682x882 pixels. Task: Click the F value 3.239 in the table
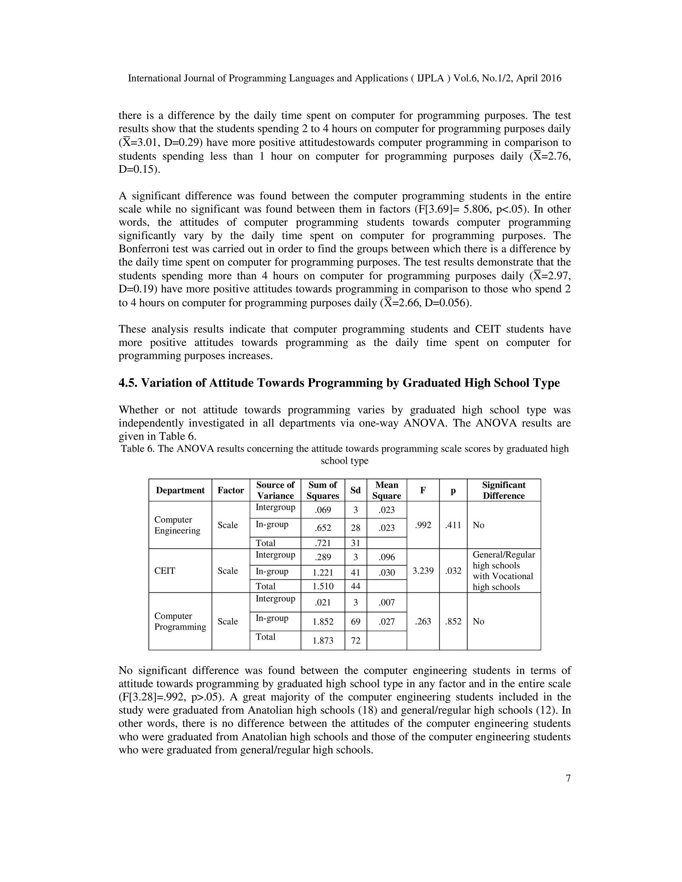coord(423,570)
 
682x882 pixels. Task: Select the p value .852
coord(453,621)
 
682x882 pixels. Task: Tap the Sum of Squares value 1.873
coord(323,640)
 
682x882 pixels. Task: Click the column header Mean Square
coord(386,490)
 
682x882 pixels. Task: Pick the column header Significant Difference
coord(504,490)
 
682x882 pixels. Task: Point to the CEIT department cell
coord(165,570)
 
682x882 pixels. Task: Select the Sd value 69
coord(356,621)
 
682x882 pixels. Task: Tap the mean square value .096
coord(386,557)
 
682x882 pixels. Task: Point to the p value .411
coord(453,525)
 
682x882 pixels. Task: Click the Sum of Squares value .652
coord(323,528)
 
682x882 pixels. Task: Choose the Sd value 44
coord(356,586)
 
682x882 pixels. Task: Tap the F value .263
coord(423,621)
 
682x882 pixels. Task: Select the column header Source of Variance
coord(275,490)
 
